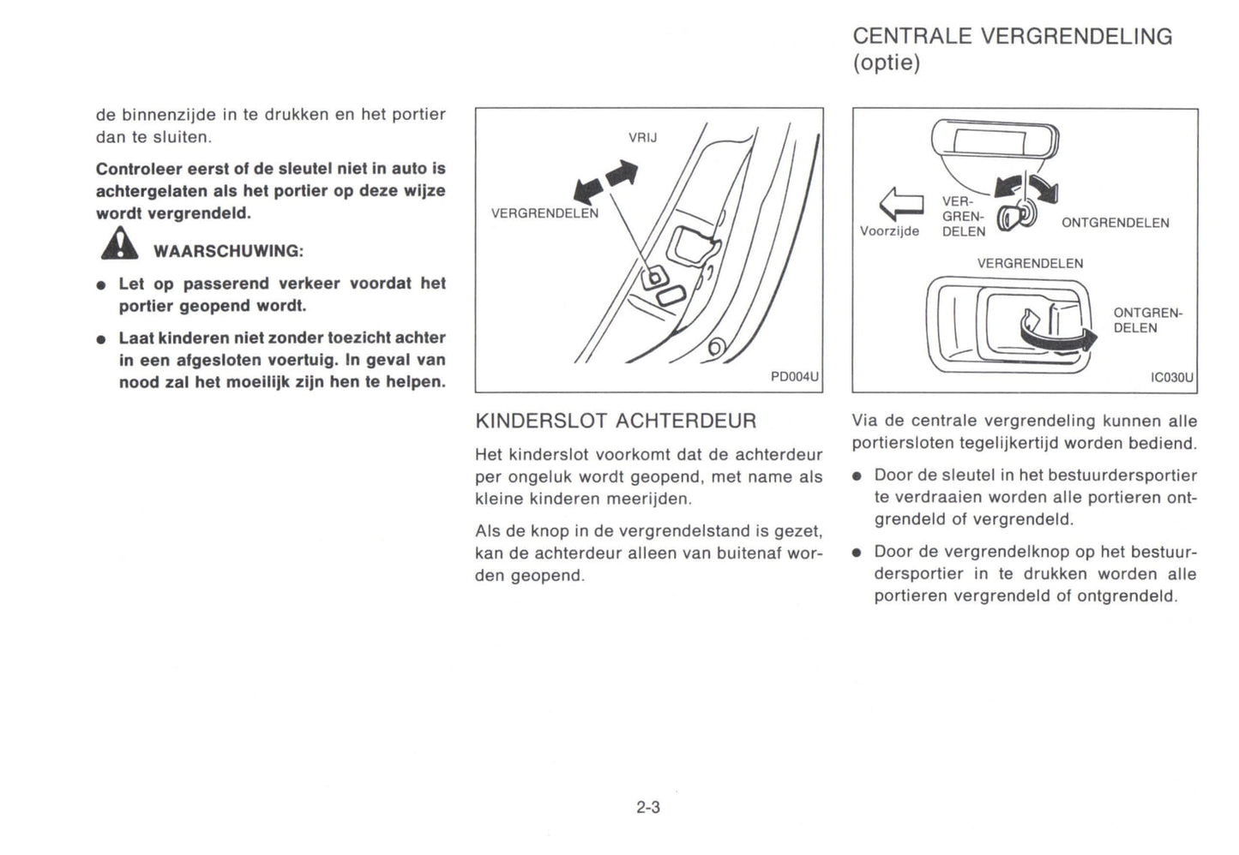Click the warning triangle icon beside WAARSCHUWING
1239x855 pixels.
(x=119, y=244)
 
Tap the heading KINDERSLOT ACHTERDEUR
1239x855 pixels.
(x=616, y=421)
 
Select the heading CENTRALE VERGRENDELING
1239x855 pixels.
(x=1012, y=36)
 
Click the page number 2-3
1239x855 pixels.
(x=648, y=807)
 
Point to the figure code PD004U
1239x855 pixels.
(x=795, y=377)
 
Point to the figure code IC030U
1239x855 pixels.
(x=1171, y=377)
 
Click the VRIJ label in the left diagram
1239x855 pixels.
(x=642, y=137)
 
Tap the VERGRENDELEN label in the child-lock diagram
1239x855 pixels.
(x=544, y=213)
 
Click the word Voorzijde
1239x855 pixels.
(x=889, y=230)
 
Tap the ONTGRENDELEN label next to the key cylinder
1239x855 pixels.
(x=1115, y=223)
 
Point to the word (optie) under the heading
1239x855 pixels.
(x=886, y=63)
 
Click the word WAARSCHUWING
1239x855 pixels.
(x=228, y=251)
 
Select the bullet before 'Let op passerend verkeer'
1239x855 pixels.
(x=101, y=284)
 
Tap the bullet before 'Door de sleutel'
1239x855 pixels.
(x=857, y=476)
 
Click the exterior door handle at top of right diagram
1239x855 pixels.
(x=995, y=141)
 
